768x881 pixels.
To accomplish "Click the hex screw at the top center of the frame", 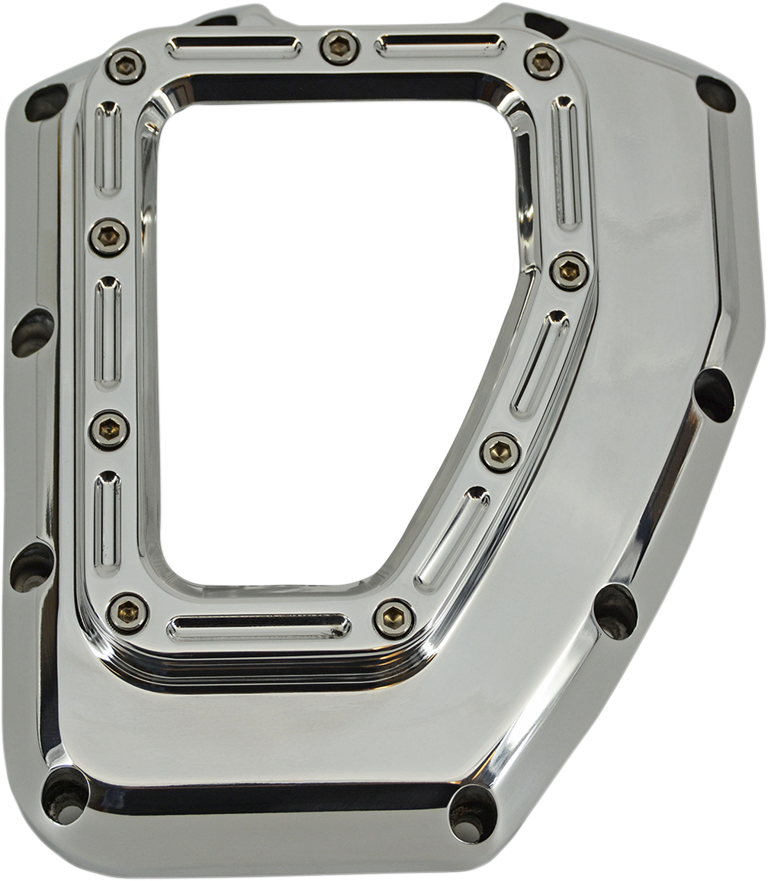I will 339,47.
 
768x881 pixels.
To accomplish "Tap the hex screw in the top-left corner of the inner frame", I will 125,66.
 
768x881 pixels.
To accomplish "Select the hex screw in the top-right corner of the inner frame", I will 543,61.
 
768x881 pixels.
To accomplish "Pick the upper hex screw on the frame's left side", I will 108,237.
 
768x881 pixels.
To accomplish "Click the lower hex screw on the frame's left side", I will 109,429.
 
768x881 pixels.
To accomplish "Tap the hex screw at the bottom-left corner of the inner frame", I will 127,612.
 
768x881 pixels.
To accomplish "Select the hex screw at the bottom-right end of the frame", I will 394,618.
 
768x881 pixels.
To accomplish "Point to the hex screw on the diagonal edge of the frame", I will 500,452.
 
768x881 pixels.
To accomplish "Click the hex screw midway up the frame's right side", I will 570,271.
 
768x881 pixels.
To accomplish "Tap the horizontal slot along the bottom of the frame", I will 259,627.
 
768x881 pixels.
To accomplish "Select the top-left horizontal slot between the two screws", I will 233,47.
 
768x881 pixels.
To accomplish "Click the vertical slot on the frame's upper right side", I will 566,162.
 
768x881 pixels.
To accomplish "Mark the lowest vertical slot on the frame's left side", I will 108,523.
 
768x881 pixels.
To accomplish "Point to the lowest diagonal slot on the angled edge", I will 451,539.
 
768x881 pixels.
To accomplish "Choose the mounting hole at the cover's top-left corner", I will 46,102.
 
